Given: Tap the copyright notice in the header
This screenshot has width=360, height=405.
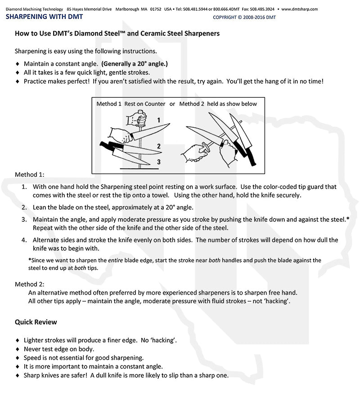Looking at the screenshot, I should (x=244, y=18).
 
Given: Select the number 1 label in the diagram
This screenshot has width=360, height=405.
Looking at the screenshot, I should (x=159, y=120).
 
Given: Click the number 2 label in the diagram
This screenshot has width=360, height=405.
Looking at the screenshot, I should (x=159, y=146).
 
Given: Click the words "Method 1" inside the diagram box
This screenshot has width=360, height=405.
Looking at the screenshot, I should (x=109, y=104).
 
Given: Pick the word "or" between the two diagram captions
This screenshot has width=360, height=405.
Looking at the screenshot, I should (x=172, y=104).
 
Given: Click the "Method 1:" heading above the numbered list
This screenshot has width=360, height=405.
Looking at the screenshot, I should (x=30, y=175).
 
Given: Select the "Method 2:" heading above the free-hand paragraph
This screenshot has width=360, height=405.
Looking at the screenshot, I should (x=30, y=284).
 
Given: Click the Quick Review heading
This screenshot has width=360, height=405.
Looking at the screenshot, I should (x=36, y=322).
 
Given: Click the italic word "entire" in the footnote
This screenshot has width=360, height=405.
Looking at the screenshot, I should (x=115, y=261).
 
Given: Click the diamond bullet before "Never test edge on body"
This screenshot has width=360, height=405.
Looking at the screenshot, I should (x=18, y=349).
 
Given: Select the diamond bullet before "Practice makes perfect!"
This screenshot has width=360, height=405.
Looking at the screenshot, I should (x=18, y=82).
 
